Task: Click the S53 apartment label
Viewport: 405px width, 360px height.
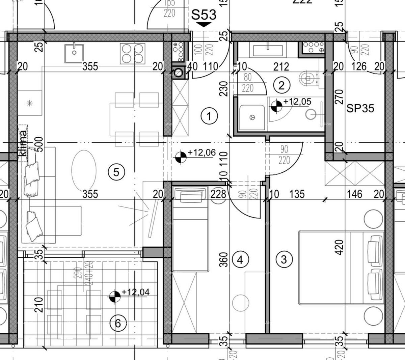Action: point(204,15)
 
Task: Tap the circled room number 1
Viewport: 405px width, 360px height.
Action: point(209,116)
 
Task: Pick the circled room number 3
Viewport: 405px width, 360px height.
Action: point(283,259)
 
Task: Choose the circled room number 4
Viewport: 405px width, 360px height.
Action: point(240,260)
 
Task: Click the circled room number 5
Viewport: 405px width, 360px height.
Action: point(116,172)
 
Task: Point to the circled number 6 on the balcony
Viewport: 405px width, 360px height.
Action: point(118,324)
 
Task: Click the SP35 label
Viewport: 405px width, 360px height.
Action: point(360,108)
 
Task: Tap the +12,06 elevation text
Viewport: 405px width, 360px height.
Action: point(201,153)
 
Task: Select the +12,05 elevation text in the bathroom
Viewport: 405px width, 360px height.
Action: point(297,102)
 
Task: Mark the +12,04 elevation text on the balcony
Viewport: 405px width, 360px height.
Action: point(135,292)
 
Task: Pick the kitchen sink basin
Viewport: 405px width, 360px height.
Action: point(74,53)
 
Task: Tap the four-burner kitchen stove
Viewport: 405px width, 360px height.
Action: point(133,53)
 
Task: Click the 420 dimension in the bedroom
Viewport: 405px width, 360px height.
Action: point(339,247)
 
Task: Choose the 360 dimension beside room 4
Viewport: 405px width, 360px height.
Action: point(224,259)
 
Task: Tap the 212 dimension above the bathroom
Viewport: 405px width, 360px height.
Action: point(281,66)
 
